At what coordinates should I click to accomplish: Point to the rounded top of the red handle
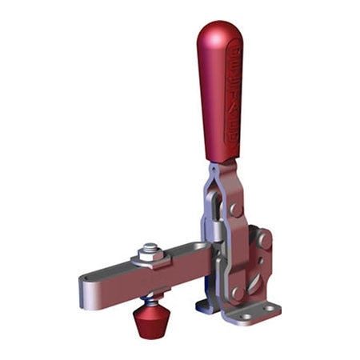216,32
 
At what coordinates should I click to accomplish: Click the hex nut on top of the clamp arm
150,255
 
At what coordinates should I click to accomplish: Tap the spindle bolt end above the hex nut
150,245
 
